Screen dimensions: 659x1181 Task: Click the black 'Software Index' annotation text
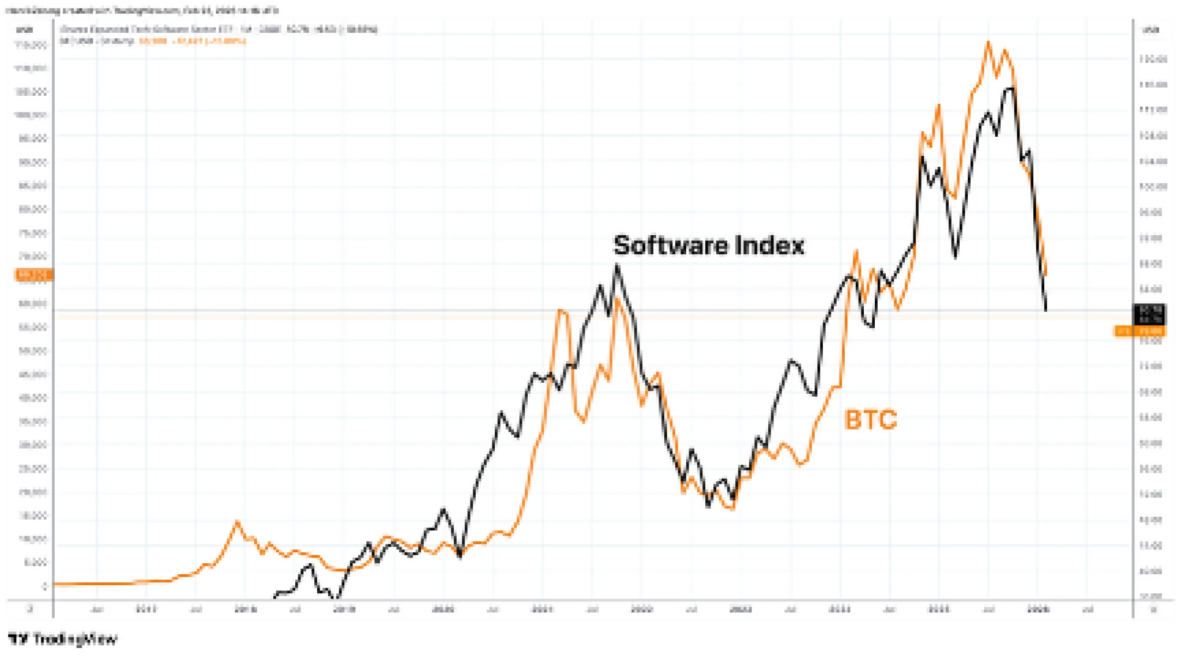click(708, 246)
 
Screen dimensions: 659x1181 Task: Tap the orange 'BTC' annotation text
click(870, 420)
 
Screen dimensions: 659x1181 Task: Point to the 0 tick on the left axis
click(44, 586)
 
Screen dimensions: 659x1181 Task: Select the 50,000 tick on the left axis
click(33, 351)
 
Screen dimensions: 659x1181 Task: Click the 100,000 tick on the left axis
click(31, 115)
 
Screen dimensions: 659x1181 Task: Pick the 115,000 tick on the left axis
click(31, 44)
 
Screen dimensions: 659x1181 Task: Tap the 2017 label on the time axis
click(146, 609)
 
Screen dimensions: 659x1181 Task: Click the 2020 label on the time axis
click(443, 609)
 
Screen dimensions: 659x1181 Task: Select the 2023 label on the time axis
click(740, 609)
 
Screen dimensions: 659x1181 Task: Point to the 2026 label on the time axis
click(1038, 609)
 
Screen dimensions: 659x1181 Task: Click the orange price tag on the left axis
click(33, 275)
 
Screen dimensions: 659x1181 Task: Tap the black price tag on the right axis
click(1150, 314)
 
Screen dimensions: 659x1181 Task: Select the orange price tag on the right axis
click(1139, 331)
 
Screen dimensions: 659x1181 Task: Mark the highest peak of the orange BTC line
click(988, 42)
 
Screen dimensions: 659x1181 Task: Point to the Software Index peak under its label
click(617, 265)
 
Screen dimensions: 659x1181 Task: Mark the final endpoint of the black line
click(1045, 310)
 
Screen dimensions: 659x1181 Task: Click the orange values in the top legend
click(192, 41)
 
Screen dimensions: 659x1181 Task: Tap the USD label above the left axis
click(24, 29)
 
